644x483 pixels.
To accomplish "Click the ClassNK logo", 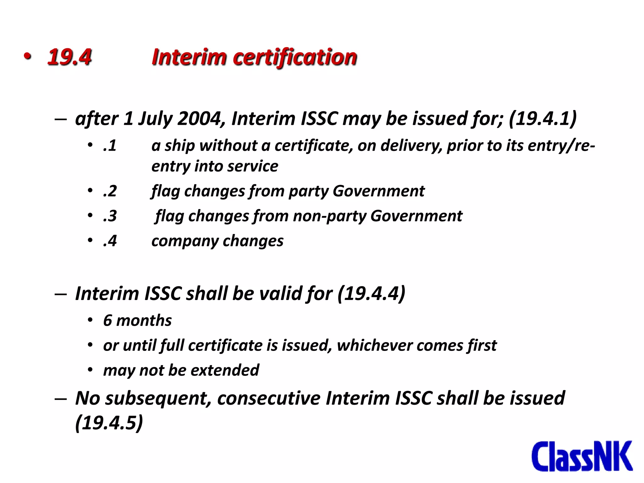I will (582, 456).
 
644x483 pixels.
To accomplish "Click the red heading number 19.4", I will (69, 57).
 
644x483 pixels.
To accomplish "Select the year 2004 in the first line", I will (200, 119).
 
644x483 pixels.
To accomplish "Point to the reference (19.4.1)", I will (543, 119).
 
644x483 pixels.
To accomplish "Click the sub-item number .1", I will (110, 146).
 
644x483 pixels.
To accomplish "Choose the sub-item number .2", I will (110, 191).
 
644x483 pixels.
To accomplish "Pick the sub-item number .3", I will (110, 216).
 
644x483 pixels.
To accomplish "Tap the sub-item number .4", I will (110, 241).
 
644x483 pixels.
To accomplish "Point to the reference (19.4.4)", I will (371, 294).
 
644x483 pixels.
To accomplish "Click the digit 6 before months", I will (108, 320).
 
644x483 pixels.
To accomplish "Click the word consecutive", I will (269, 398).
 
